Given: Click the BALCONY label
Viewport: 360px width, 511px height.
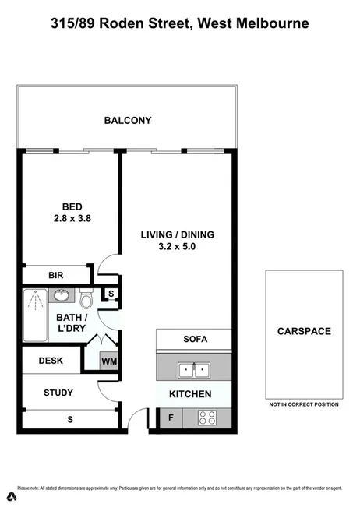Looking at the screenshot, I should tap(128, 121).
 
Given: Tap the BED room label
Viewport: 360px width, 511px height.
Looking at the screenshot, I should tap(72, 206).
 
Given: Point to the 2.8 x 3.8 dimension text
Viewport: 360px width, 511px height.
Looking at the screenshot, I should tap(72, 219).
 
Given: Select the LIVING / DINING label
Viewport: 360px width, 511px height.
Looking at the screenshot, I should tap(177, 234).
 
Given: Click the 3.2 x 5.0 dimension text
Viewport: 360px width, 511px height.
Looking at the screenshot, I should tap(177, 247).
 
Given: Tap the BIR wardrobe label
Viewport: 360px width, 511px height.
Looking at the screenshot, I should tap(55, 275).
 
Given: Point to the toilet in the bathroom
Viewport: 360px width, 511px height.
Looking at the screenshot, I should tap(86, 298).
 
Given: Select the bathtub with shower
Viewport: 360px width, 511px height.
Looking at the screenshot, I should tap(34, 315).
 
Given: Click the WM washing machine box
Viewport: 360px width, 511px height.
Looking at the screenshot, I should tap(108, 361).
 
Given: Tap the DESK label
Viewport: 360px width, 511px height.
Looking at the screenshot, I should tap(51, 361).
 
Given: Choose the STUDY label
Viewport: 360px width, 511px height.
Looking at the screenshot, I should tap(58, 393).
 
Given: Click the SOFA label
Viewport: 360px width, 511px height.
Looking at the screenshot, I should tap(195, 340).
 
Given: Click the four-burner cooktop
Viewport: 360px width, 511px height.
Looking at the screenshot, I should tap(207, 418).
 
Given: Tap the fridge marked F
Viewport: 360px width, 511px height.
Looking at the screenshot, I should tap(171, 418).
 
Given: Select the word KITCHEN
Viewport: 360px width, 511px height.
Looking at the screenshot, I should tap(190, 394).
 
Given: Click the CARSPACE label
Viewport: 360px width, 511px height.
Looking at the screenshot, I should tap(304, 331).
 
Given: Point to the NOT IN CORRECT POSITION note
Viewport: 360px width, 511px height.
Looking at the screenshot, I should tap(304, 404).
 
